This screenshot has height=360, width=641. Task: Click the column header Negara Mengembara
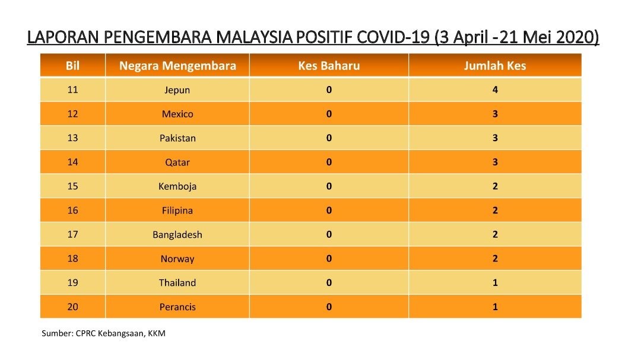click(x=177, y=66)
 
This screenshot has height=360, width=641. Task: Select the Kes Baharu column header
click(x=329, y=66)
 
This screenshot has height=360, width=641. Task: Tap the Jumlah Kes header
click(x=494, y=66)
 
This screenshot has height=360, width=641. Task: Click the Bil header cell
click(x=72, y=66)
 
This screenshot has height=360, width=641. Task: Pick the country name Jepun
click(x=177, y=90)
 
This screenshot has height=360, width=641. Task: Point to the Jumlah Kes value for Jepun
click(x=495, y=90)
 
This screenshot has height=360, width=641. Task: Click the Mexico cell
click(x=177, y=114)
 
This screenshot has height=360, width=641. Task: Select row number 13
click(x=72, y=138)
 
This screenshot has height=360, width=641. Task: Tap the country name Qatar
click(x=177, y=163)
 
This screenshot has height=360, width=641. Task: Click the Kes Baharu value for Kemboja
click(x=329, y=186)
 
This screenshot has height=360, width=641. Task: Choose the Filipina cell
click(x=177, y=211)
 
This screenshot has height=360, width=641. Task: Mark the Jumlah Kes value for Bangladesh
click(x=495, y=234)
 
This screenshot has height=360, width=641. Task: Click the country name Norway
click(x=177, y=259)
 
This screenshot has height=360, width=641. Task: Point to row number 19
click(x=72, y=282)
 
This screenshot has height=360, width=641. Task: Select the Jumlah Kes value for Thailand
click(x=495, y=282)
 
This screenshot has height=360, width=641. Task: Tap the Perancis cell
click(x=177, y=307)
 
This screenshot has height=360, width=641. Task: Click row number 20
click(x=72, y=307)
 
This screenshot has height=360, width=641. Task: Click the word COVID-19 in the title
click(x=394, y=37)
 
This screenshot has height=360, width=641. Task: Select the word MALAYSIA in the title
click(x=254, y=37)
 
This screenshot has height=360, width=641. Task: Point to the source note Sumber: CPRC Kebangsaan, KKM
click(x=103, y=333)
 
